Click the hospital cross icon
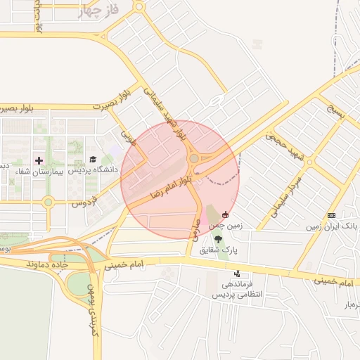pyautogui.click(x=39, y=160)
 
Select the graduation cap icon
pyautogui.click(x=92, y=160)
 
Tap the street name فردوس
pyautogui.click(x=84, y=202)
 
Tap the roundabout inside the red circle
pyautogui.click(x=193, y=159)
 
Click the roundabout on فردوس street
pyautogui.click(x=48, y=202)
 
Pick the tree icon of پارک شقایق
pyautogui.click(x=218, y=238)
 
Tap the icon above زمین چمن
pyautogui.click(x=225, y=214)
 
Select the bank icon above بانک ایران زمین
pyautogui.click(x=332, y=215)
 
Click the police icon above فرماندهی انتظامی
pyautogui.click(x=237, y=274)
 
